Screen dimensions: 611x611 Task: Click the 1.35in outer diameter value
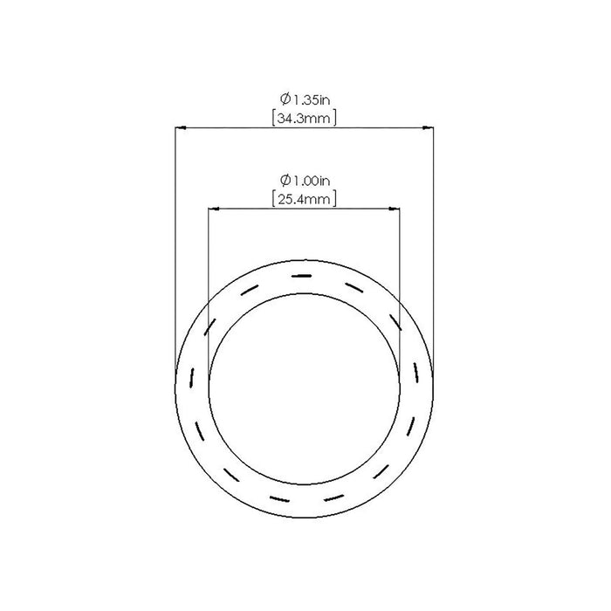(x=312, y=100)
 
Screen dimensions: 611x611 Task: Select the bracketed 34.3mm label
(x=304, y=118)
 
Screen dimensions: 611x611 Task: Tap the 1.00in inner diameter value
(x=312, y=181)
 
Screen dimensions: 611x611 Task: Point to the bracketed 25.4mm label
(x=304, y=199)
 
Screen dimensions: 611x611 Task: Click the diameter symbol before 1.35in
(x=285, y=99)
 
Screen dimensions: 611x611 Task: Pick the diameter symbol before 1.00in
(x=285, y=180)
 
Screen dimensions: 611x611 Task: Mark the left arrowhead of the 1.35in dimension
(x=180, y=127)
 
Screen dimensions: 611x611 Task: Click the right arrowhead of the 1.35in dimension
(x=429, y=127)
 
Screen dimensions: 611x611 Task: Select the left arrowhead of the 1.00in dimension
(x=214, y=209)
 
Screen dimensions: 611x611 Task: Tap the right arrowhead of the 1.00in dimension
(x=395, y=209)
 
